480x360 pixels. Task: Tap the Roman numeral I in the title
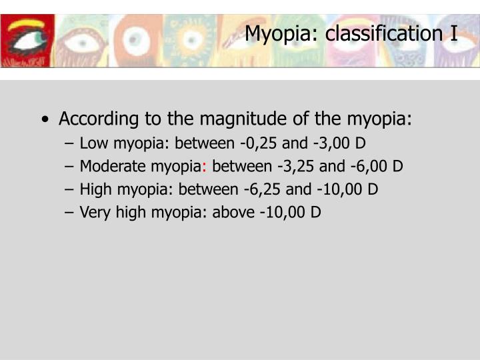coord(453,33)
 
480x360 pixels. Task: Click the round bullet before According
coord(44,121)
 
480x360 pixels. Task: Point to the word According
coord(99,120)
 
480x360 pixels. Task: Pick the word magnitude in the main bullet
coord(256,120)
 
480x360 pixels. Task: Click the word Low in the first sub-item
coord(93,143)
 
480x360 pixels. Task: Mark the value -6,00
coord(373,166)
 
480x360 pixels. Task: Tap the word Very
coord(94,213)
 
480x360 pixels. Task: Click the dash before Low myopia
coord(70,143)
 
